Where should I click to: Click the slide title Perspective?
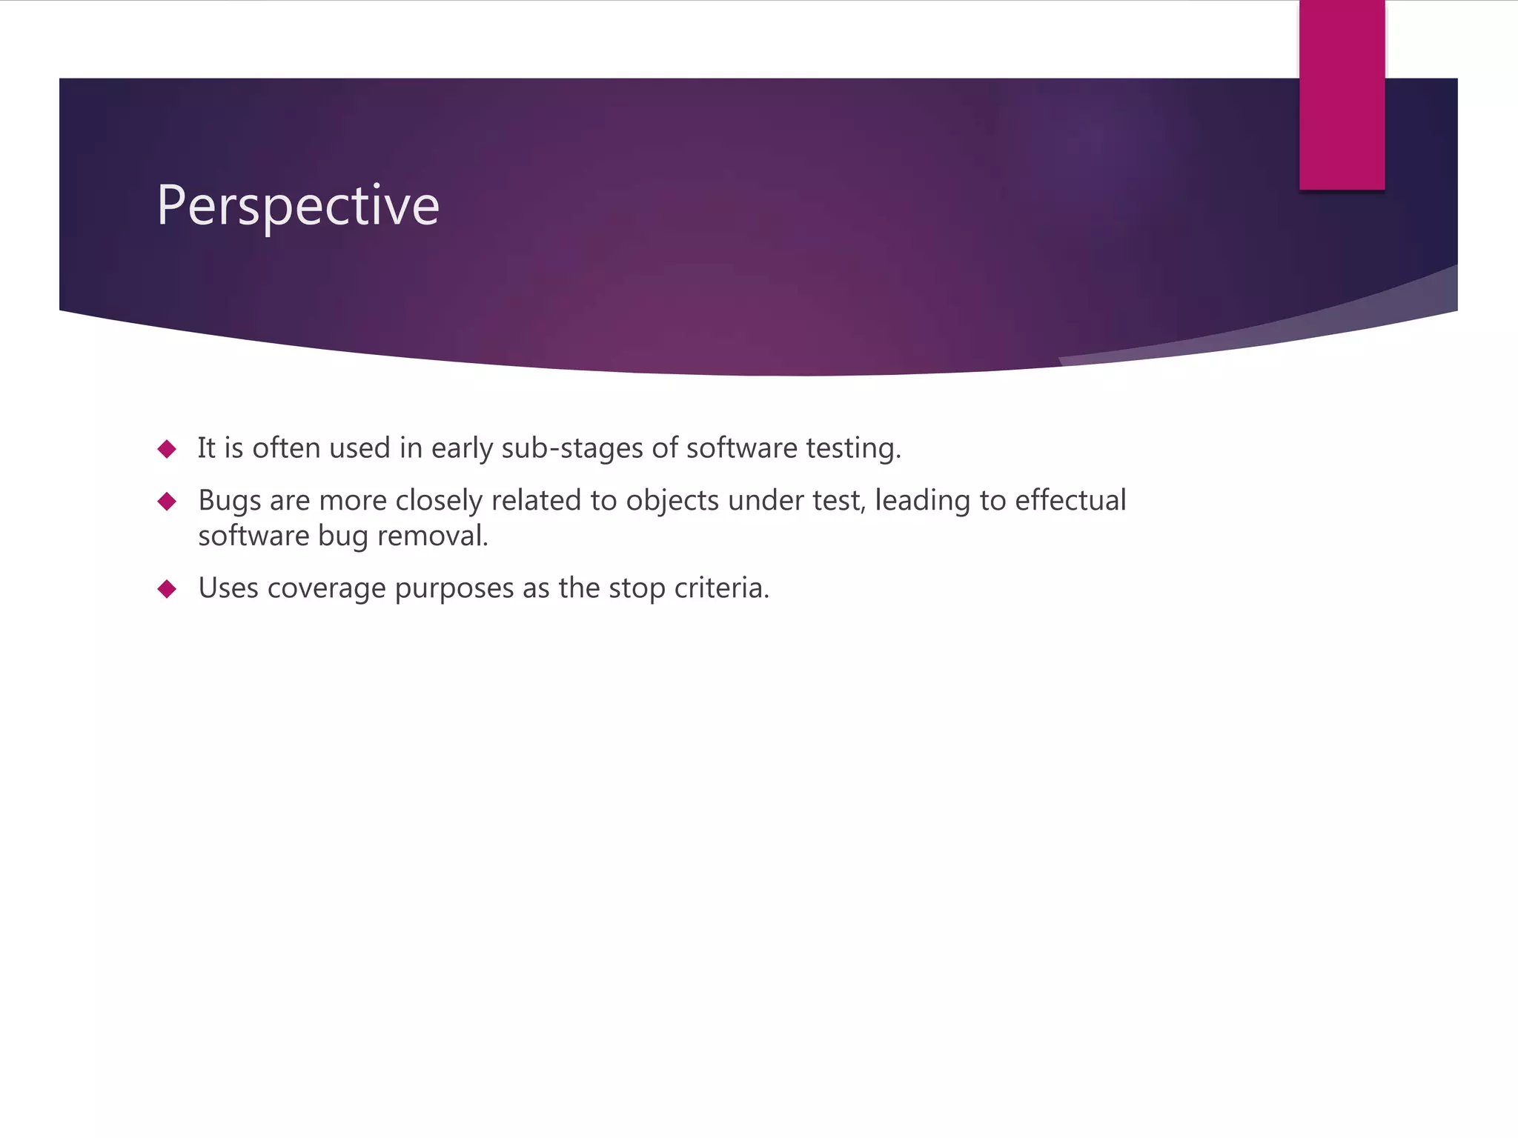(x=298, y=205)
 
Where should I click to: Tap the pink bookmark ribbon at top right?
(x=1342, y=95)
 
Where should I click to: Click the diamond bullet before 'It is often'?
(x=167, y=449)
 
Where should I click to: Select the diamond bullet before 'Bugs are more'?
(x=167, y=502)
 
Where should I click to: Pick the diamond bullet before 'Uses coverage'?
(x=167, y=589)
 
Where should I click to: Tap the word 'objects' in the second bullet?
(x=672, y=501)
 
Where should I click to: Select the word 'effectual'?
(x=1070, y=500)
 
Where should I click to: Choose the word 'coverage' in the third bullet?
(x=326, y=588)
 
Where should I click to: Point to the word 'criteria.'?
(x=722, y=588)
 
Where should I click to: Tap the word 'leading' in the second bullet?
(x=922, y=501)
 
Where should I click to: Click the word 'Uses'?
(x=228, y=588)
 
